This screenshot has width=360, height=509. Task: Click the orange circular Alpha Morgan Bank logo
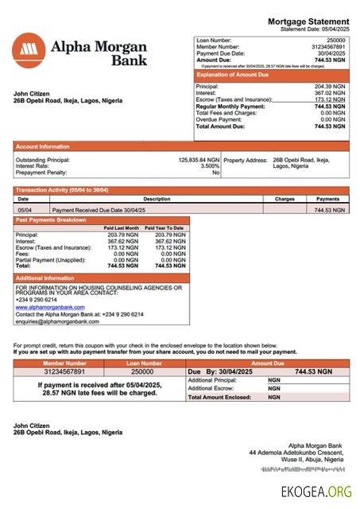[x=29, y=49]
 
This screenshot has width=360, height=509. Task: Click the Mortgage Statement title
[x=308, y=21]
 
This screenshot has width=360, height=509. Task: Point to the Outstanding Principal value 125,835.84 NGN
[x=199, y=160]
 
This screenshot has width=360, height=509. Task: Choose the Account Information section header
[x=43, y=146]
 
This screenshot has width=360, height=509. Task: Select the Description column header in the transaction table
[x=157, y=199]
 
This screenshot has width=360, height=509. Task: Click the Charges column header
[x=285, y=199]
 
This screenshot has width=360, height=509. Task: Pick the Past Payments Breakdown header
[x=52, y=220]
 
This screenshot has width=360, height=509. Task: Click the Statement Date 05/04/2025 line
[x=315, y=29]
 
